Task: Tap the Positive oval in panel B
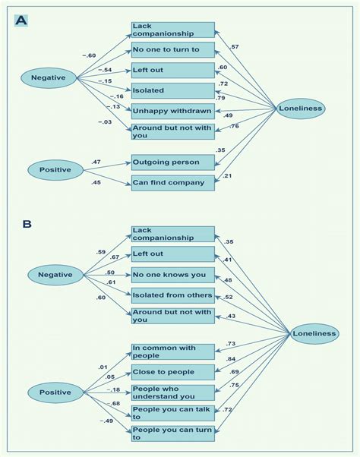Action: [54, 392]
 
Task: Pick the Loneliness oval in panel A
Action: [301, 109]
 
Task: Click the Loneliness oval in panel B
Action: [314, 333]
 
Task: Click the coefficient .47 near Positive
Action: [96, 162]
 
